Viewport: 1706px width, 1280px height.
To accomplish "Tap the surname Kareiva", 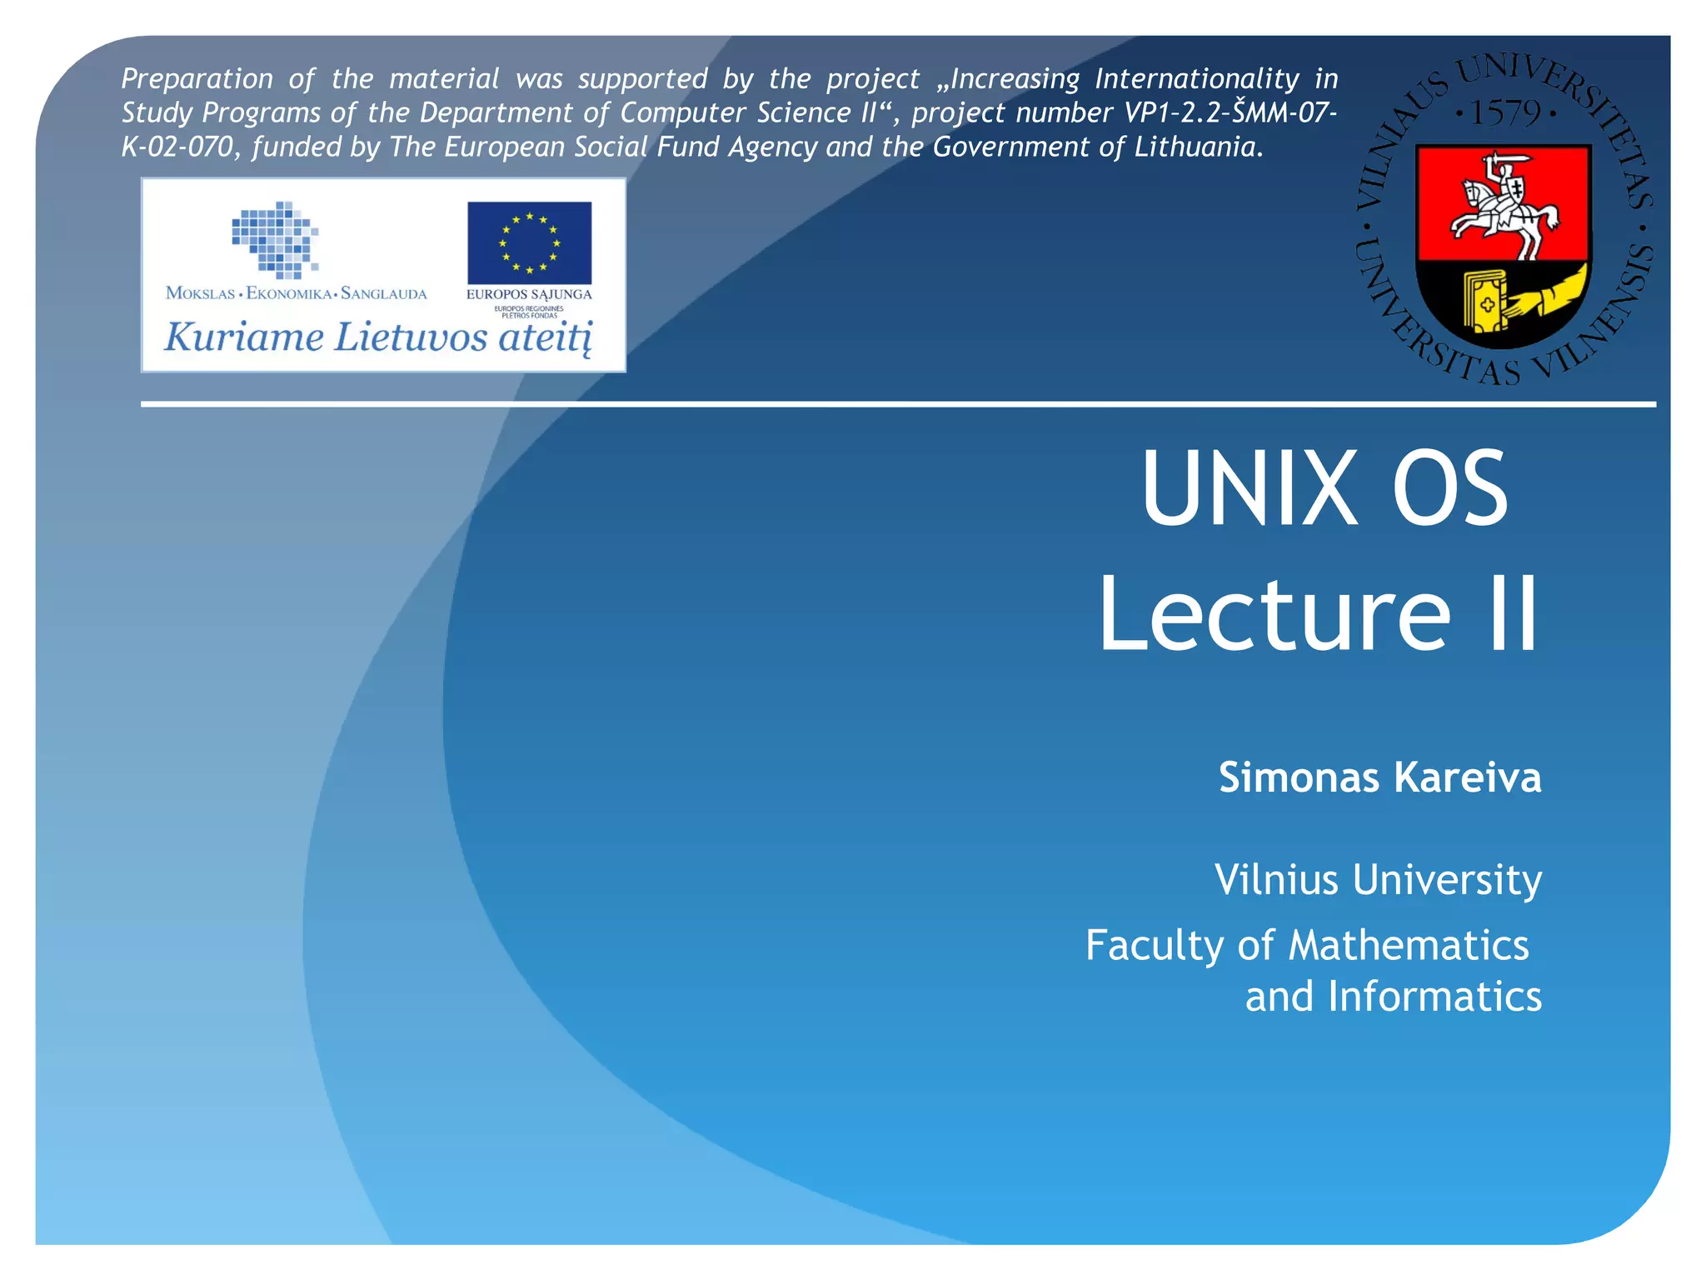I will click(1467, 777).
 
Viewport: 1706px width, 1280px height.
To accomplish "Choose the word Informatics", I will click(1434, 997).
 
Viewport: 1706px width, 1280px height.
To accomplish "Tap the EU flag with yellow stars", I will click(529, 242).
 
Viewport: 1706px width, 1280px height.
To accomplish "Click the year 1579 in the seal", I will click(1505, 112).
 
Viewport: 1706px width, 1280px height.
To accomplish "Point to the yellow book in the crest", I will click(1485, 301).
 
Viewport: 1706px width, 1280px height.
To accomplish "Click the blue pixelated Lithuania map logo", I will click(276, 239).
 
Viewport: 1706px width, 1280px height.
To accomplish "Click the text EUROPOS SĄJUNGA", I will click(529, 294).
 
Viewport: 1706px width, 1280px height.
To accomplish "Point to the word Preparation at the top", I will click(197, 79).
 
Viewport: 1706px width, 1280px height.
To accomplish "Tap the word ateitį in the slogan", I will click(546, 337).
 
